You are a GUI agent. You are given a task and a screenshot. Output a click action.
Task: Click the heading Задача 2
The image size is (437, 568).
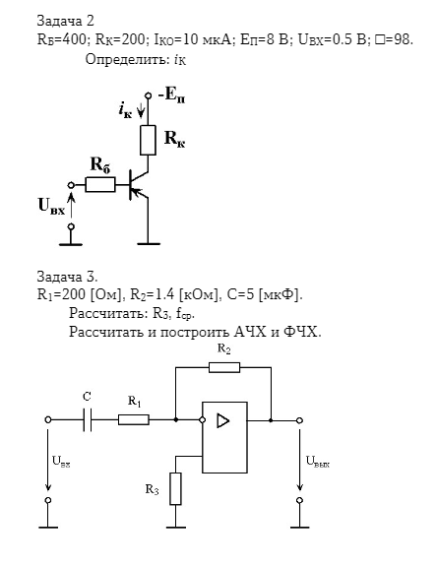[x=66, y=21]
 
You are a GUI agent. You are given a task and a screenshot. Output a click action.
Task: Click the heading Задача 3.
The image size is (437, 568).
[x=67, y=277]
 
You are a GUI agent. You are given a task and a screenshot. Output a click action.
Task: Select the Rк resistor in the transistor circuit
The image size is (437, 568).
[x=148, y=140]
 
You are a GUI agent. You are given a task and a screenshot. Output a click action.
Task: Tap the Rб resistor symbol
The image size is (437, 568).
[x=100, y=185]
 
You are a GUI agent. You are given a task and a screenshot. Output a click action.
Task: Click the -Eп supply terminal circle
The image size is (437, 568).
[x=148, y=95]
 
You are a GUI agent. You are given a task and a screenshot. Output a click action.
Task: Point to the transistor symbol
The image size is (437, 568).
[x=139, y=185]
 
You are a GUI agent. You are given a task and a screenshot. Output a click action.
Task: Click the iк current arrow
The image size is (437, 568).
[x=141, y=110]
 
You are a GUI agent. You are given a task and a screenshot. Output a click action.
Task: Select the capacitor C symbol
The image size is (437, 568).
[x=88, y=420]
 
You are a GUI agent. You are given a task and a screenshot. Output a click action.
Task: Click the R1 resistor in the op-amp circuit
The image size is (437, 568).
[x=134, y=420]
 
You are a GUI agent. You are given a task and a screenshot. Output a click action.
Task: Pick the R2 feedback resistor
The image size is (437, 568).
[x=224, y=367]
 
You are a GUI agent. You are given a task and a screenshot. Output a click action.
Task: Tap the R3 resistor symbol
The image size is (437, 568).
[x=175, y=488]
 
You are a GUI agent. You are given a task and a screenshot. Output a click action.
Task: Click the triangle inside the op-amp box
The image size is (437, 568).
[x=223, y=421]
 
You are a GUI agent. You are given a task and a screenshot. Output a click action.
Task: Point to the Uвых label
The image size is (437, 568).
[x=318, y=462]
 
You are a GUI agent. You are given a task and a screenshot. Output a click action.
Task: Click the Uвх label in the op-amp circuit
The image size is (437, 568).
[x=61, y=462]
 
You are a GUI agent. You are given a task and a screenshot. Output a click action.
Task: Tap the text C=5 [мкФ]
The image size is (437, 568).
[x=265, y=295]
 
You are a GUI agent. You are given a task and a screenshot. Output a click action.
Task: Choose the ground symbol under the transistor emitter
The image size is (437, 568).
[x=148, y=244]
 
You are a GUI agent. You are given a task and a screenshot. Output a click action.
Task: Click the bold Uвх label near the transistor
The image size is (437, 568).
[x=52, y=206]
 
